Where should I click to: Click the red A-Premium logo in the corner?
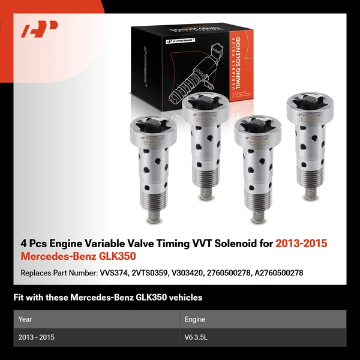pos(40,29)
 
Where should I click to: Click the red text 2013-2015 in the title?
pos(301,244)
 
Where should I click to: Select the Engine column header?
pos(196,319)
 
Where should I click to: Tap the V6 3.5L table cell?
pos(197,337)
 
